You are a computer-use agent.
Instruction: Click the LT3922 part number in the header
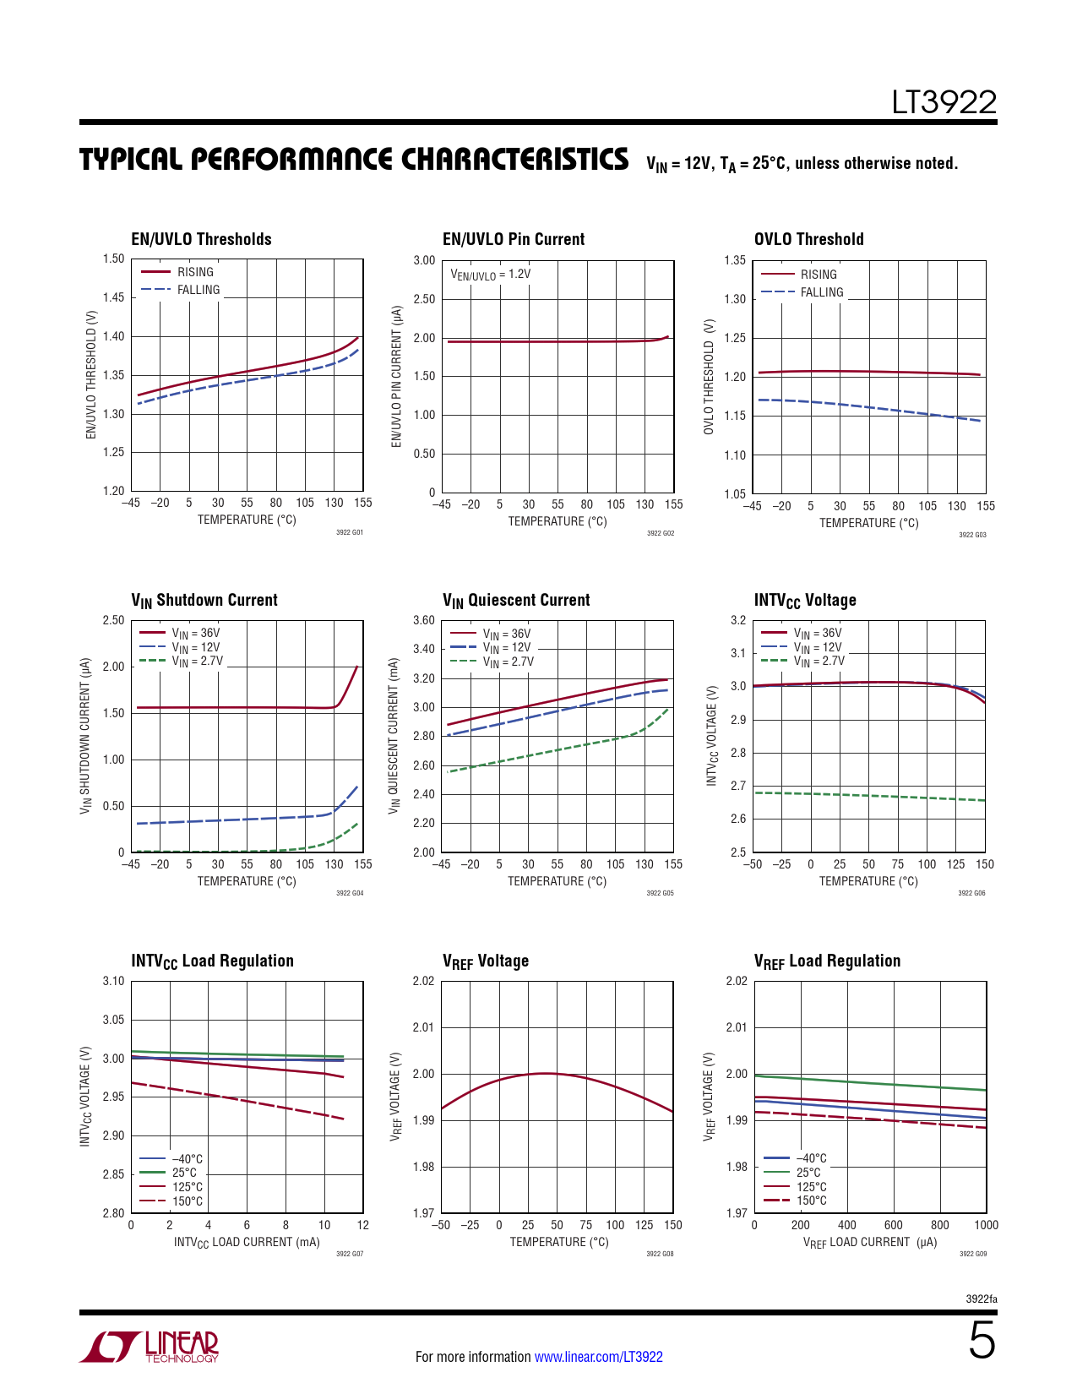(944, 102)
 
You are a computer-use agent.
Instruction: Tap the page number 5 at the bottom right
(981, 1341)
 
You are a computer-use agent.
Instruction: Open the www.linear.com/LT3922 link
(598, 1357)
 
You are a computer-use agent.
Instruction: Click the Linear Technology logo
(150, 1347)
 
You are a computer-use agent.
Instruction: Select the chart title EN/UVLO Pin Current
(513, 239)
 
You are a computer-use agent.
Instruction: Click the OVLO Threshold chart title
(808, 239)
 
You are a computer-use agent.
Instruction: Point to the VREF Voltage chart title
(486, 961)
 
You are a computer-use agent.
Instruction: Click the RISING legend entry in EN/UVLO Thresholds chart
(195, 272)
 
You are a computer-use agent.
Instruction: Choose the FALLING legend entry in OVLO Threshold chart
(821, 292)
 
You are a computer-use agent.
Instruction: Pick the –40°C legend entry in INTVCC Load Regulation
(187, 1159)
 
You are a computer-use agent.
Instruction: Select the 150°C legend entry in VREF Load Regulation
(811, 1201)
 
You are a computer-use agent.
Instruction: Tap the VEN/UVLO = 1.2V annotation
(490, 275)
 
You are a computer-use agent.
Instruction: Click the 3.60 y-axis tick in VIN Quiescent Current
(423, 620)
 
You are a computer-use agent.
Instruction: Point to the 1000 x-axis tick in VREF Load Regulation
(986, 1225)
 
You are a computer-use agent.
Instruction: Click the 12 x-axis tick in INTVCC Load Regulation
(362, 1225)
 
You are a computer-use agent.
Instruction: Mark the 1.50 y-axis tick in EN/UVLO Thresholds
(113, 259)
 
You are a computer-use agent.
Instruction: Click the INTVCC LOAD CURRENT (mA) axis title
(247, 1242)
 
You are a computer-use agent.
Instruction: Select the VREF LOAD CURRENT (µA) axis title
(869, 1242)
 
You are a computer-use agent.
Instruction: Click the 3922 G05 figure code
(660, 893)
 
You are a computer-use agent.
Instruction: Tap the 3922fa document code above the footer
(981, 1299)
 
